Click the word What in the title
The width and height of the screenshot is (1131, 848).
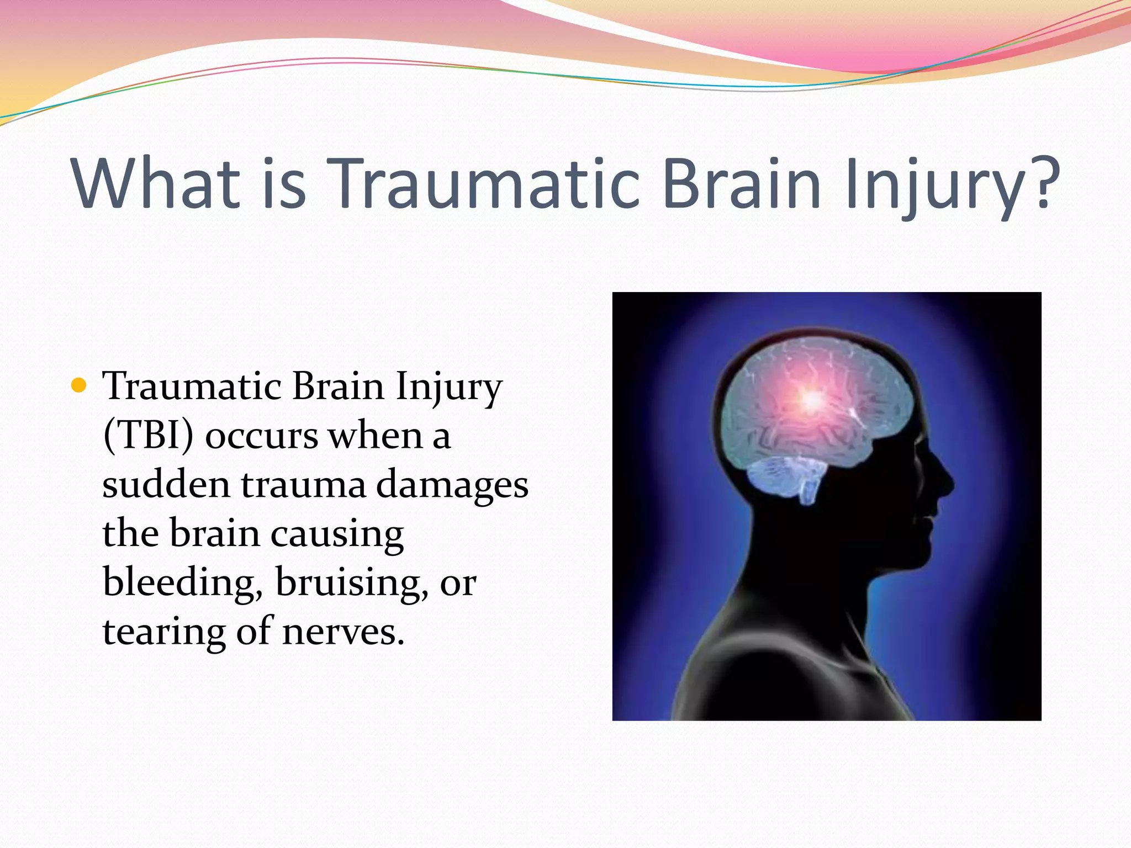click(x=156, y=183)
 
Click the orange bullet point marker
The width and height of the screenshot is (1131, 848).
click(x=80, y=385)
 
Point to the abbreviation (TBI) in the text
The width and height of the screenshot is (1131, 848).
click(x=148, y=435)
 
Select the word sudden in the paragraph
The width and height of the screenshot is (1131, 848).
click(x=166, y=484)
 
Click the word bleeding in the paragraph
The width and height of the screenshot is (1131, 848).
click(x=182, y=583)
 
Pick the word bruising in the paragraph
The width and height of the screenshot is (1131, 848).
click(x=351, y=583)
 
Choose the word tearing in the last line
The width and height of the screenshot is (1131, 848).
click(x=163, y=633)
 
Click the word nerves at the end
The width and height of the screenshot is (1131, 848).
click(x=342, y=633)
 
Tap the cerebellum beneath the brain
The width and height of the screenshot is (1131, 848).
click(x=784, y=478)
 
